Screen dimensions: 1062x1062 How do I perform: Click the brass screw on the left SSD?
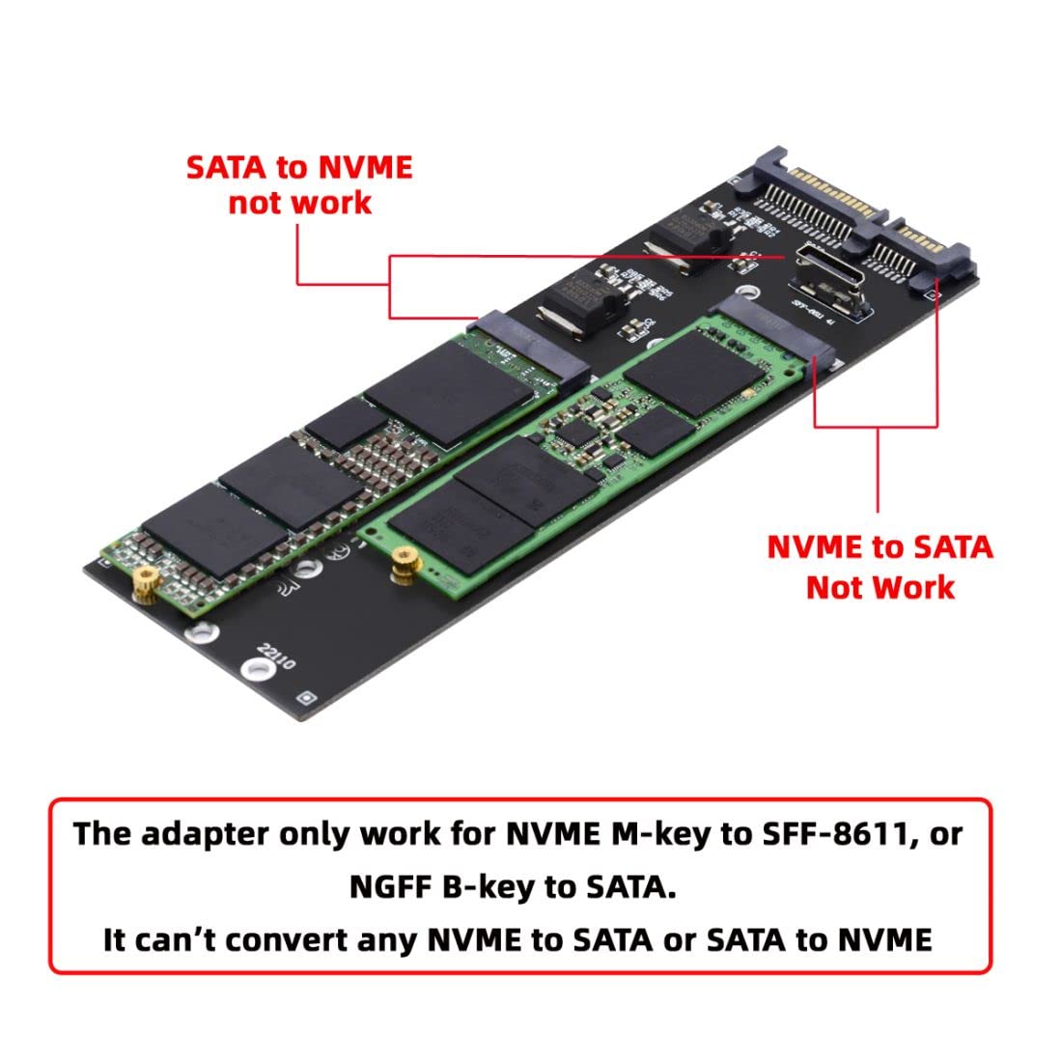point(146,581)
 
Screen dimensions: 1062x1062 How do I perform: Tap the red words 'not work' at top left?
point(299,203)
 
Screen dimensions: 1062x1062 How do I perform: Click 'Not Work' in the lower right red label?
point(880,586)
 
